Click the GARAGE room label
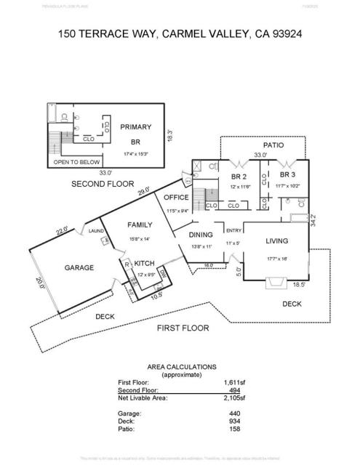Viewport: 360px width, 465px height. pyautogui.click(x=79, y=267)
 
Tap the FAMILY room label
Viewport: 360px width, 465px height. pyautogui.click(x=140, y=225)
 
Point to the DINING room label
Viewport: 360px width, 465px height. pyautogui.click(x=201, y=235)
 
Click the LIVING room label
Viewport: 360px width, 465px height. pyautogui.click(x=276, y=240)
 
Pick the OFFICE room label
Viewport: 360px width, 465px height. pyautogui.click(x=176, y=197)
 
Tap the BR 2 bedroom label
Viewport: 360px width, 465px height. pyautogui.click(x=239, y=177)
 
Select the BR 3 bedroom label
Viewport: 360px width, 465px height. pyautogui.click(x=287, y=175)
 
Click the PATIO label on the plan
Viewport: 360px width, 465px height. pyautogui.click(x=273, y=145)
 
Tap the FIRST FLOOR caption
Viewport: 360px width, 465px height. pyautogui.click(x=183, y=328)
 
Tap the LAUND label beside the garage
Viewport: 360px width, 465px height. pyautogui.click(x=96, y=231)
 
